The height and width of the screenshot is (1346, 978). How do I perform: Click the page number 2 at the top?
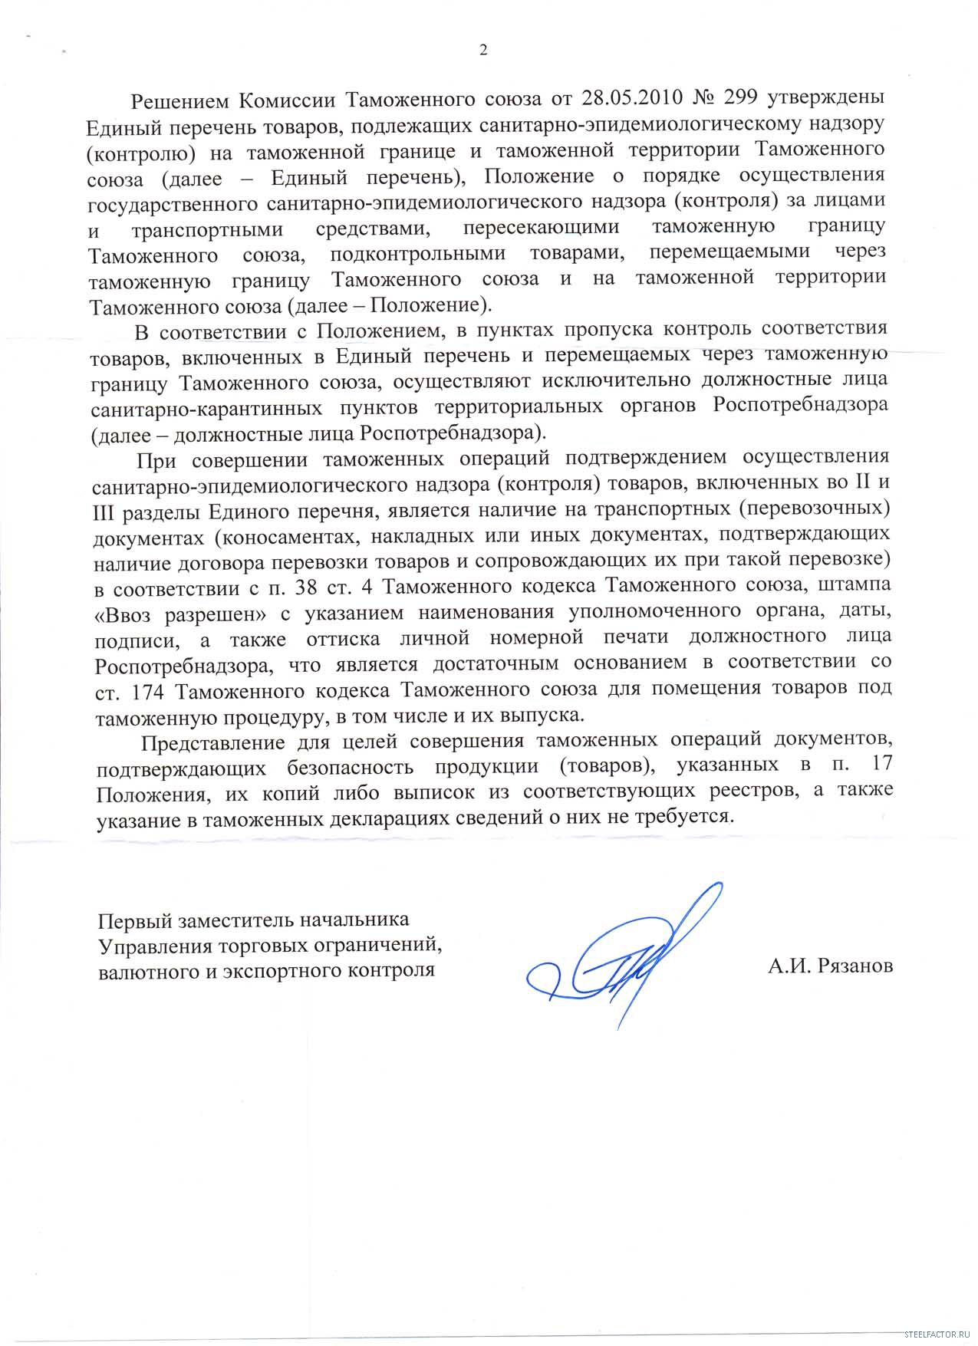[x=483, y=51]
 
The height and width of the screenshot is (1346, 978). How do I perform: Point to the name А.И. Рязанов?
[x=830, y=966]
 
